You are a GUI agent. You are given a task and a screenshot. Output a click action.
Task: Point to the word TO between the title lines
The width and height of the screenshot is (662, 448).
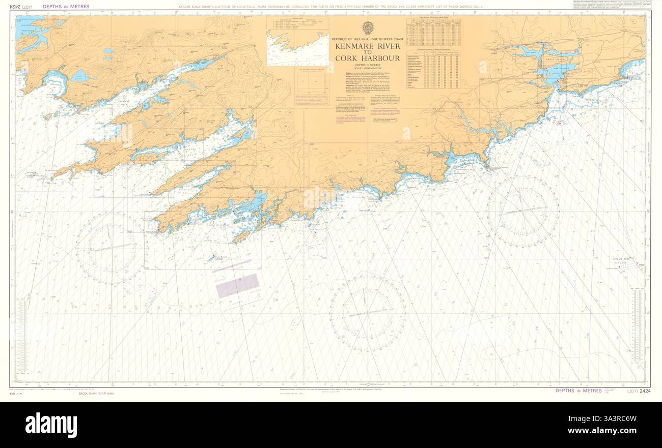click(x=367, y=52)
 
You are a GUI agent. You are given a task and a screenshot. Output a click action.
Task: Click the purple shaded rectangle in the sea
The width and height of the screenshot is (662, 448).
click(x=237, y=286)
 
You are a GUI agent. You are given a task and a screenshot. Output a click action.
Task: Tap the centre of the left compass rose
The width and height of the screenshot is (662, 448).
click(x=111, y=248)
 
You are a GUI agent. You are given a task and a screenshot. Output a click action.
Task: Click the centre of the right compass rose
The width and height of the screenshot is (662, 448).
click(x=523, y=211)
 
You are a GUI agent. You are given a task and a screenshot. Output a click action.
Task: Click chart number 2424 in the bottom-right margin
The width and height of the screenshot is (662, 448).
click(x=645, y=391)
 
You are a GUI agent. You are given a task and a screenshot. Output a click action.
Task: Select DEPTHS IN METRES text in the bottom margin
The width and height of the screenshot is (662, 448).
click(x=578, y=391)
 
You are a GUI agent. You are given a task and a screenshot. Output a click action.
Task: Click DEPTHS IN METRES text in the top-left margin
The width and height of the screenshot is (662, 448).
click(x=67, y=7)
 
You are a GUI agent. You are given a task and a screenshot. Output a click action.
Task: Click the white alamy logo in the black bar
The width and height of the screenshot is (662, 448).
click(x=51, y=425)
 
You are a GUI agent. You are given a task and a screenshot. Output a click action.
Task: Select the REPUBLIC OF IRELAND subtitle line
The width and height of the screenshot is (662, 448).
click(x=367, y=39)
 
